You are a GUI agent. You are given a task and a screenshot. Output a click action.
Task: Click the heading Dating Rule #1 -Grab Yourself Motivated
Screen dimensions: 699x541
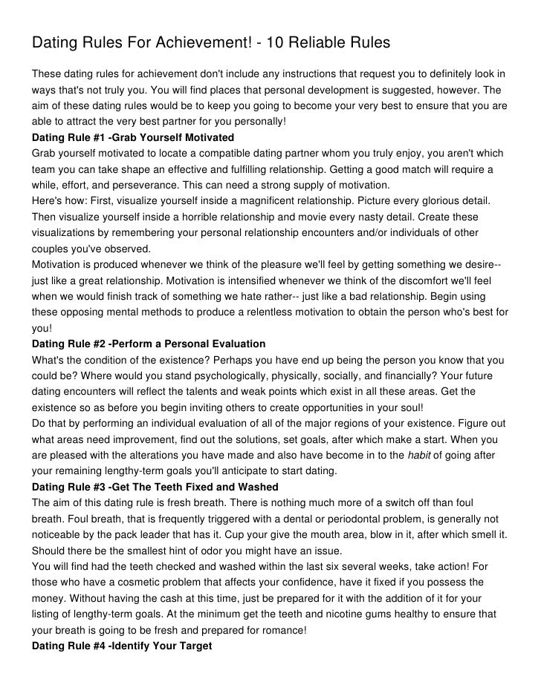coord(133,138)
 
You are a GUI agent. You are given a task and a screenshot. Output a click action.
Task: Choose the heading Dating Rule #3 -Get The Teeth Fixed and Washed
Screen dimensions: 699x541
coord(155,486)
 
